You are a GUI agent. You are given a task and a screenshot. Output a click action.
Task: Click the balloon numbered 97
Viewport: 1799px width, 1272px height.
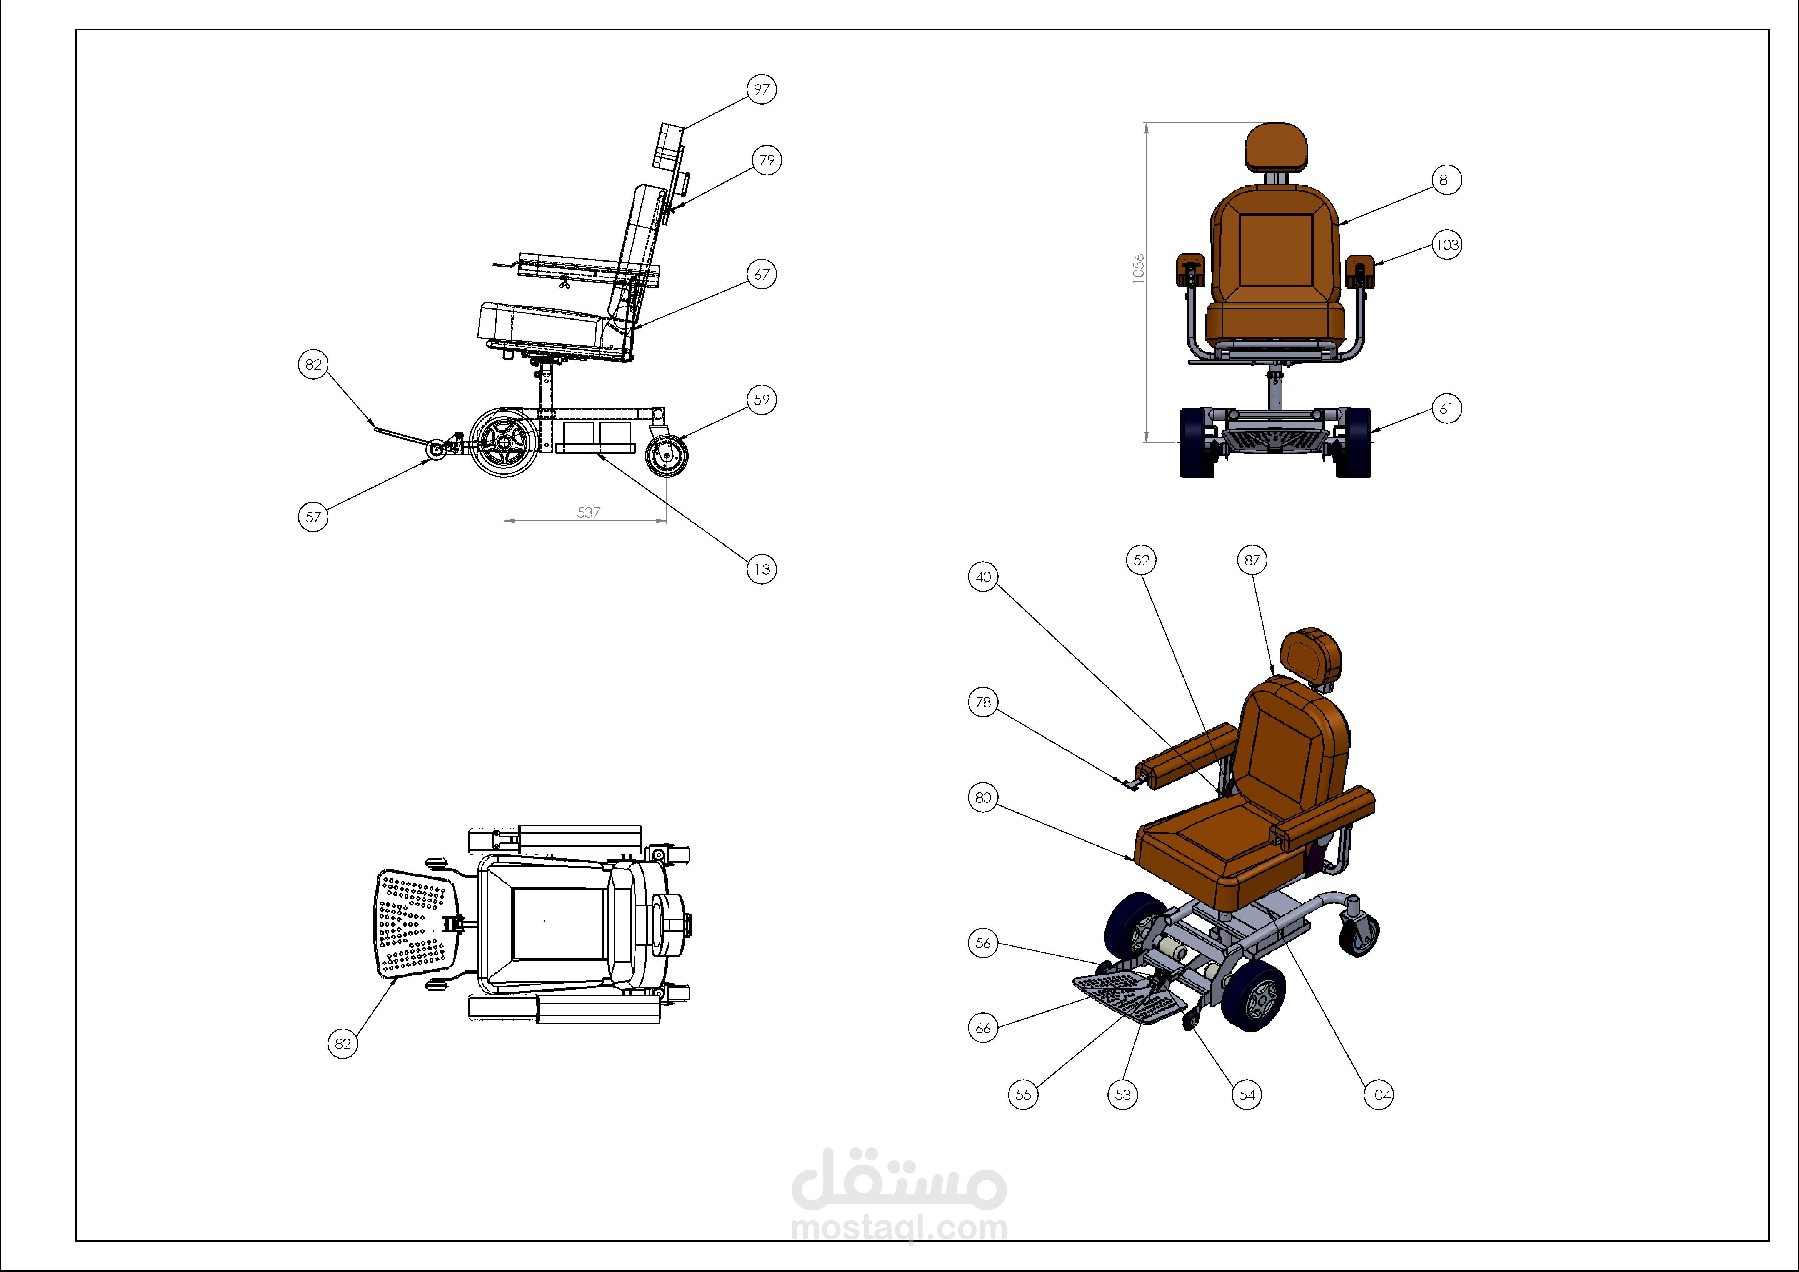pyautogui.click(x=762, y=89)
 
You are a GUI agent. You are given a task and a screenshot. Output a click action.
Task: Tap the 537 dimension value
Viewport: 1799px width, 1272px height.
pyautogui.click(x=589, y=513)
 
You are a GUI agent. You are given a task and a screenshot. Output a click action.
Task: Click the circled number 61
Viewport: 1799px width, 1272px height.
pyautogui.click(x=1446, y=408)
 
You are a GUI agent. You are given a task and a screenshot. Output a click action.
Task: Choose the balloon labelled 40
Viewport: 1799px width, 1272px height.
pyautogui.click(x=983, y=577)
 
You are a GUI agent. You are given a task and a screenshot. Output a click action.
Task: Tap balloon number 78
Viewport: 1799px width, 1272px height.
pyautogui.click(x=983, y=702)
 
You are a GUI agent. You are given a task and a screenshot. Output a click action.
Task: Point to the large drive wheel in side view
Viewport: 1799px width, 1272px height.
pyautogui.click(x=504, y=443)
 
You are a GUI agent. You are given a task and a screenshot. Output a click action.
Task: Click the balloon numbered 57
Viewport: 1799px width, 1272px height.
pyautogui.click(x=313, y=517)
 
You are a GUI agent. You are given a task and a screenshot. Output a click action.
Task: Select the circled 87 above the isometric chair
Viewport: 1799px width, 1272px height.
pyautogui.click(x=1252, y=560)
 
